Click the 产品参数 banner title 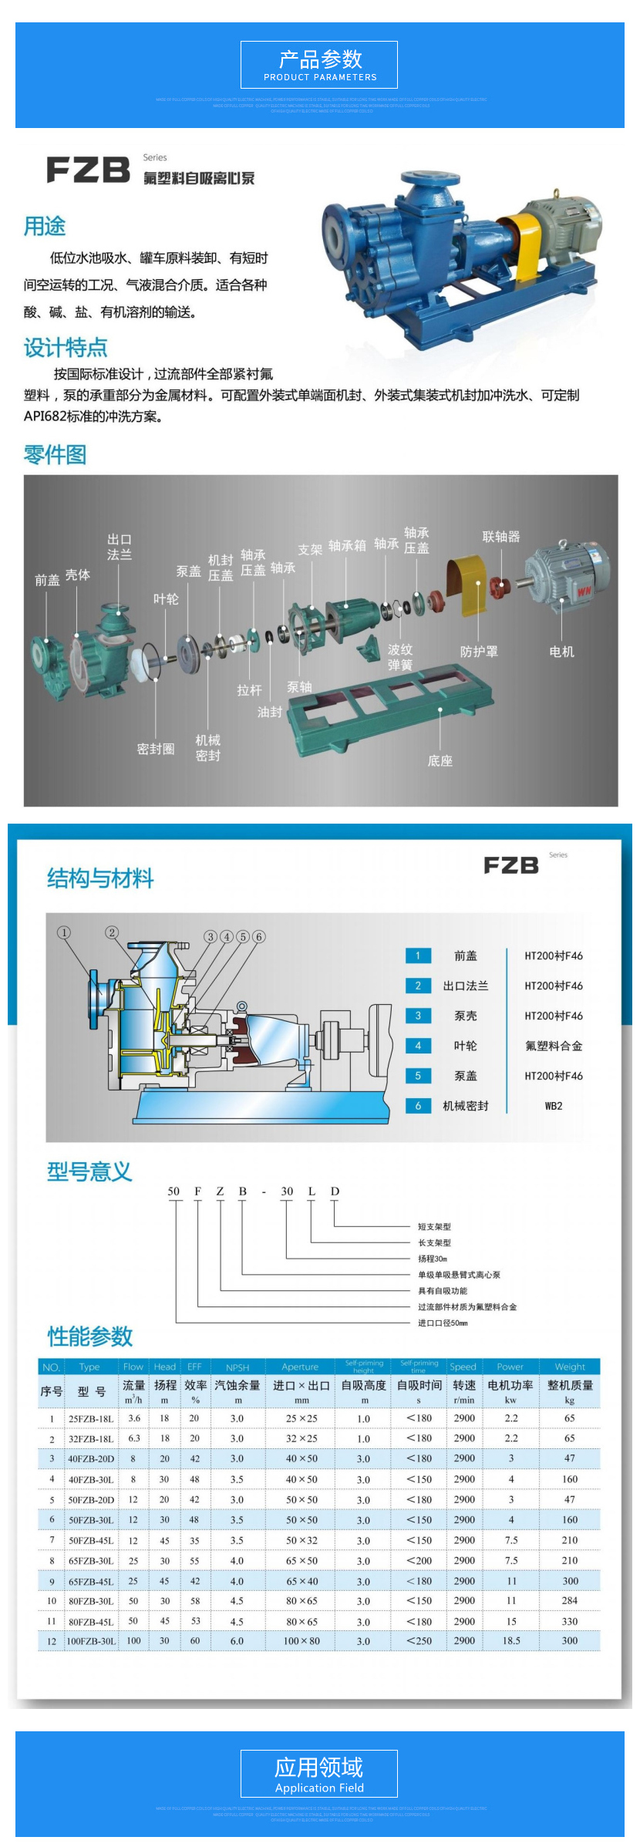click(319, 59)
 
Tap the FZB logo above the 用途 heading click(88, 170)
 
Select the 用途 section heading click(45, 226)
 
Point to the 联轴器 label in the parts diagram click(500, 537)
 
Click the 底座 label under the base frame click(440, 760)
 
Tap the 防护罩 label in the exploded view click(479, 652)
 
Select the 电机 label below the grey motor click(561, 652)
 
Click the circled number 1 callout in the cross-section click(64, 932)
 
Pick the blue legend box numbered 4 click(418, 1046)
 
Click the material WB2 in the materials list click(554, 1106)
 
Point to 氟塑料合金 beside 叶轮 click(554, 1046)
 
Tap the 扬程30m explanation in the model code click(433, 1259)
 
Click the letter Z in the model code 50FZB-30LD click(220, 1191)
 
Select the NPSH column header click(237, 1367)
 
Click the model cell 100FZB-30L click(91, 1641)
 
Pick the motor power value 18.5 click(511, 1641)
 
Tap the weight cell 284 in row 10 click(570, 1600)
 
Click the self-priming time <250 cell click(419, 1641)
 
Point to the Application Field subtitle click(319, 1788)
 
